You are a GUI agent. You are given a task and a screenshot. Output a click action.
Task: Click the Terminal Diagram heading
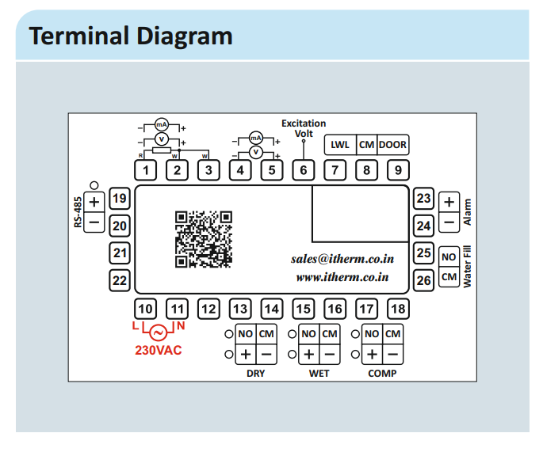[131, 36]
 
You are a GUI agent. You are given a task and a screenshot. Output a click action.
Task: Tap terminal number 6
[303, 169]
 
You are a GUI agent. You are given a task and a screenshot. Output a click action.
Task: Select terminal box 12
[208, 309]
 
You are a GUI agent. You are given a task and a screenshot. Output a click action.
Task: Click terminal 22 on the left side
[119, 279]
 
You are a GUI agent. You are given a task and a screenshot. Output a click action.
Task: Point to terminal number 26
[424, 279]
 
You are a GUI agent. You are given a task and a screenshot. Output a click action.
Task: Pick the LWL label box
[340, 145]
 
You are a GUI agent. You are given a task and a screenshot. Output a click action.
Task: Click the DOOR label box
[392, 145]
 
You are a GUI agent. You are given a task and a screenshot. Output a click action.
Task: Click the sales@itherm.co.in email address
[342, 259]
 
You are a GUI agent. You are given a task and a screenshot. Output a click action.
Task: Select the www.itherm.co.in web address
[342, 277]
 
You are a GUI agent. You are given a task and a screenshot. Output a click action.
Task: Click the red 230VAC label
[159, 350]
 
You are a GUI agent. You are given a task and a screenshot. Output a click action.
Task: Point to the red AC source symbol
[159, 332]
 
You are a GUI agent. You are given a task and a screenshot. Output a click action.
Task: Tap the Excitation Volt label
[304, 128]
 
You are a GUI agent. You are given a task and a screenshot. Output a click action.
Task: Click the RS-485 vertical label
[78, 211]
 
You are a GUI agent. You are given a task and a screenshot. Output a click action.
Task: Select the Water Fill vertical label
[467, 267]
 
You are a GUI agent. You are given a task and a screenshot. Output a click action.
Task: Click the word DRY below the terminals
[255, 373]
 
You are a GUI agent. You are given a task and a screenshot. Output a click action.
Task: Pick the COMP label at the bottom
[382, 373]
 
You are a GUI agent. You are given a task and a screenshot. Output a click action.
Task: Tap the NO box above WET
[308, 333]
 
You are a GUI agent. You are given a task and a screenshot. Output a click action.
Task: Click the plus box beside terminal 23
[449, 202]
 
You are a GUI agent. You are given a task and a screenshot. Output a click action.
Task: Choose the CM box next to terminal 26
[449, 276]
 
